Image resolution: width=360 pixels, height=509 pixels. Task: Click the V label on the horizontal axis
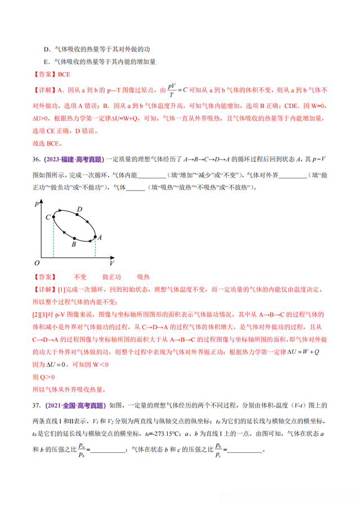[112, 263]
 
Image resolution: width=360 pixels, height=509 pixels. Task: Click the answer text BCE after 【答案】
[63, 74]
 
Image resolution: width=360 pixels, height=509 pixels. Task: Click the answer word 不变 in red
[80, 277]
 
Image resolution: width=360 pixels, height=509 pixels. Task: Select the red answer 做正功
[112, 277]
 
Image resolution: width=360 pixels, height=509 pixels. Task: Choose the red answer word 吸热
[143, 277]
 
